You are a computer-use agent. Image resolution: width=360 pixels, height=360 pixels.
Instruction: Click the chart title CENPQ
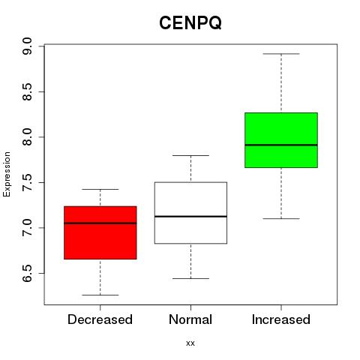click(x=190, y=23)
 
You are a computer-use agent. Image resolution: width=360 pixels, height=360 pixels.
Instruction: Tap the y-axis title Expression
click(x=7, y=174)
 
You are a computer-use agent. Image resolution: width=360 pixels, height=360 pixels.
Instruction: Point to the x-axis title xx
click(x=190, y=343)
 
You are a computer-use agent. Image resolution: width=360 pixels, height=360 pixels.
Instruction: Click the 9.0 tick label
click(x=27, y=46)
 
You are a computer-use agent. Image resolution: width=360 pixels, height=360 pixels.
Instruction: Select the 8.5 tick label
click(x=27, y=91)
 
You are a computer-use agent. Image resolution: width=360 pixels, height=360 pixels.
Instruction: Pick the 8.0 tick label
click(x=27, y=137)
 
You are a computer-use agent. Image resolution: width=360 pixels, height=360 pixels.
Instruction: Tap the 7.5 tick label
click(x=27, y=182)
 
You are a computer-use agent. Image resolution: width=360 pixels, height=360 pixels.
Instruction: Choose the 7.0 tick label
click(x=27, y=228)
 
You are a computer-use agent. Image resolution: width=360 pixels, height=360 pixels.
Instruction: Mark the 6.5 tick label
click(x=27, y=273)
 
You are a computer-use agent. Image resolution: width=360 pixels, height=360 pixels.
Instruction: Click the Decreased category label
click(x=100, y=319)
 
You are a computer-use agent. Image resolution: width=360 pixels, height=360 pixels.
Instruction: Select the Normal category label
click(x=190, y=319)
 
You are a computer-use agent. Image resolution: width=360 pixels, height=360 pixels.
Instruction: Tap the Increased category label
click(x=281, y=319)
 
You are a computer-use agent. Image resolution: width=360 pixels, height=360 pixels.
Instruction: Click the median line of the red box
click(x=100, y=223)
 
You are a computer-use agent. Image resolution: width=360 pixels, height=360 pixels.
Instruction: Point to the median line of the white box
click(x=190, y=216)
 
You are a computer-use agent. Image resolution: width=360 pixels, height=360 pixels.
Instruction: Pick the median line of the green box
click(x=281, y=145)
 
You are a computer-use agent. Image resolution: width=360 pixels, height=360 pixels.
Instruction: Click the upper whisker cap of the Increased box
click(x=281, y=54)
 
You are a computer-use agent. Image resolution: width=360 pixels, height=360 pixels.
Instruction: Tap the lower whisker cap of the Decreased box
click(x=100, y=295)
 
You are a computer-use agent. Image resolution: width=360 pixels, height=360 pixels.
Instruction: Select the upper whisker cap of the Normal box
click(x=190, y=155)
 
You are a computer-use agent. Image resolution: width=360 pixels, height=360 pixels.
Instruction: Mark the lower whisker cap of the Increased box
click(x=281, y=219)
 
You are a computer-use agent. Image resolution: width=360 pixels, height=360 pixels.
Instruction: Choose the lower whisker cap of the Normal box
click(x=190, y=278)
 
